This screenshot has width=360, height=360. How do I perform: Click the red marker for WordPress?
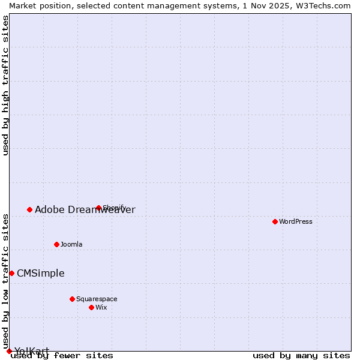(275, 221)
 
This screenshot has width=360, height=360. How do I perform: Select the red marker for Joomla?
(57, 244)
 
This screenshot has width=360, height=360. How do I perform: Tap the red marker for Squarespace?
(72, 299)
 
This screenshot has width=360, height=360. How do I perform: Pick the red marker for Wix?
(91, 307)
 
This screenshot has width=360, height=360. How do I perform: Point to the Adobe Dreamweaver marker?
(29, 209)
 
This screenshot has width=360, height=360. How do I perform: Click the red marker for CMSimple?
(11, 273)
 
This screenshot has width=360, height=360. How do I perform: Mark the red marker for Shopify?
(98, 208)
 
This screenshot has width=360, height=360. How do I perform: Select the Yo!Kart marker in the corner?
(9, 351)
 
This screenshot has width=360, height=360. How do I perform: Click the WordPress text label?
(296, 221)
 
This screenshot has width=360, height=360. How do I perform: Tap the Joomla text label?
(71, 244)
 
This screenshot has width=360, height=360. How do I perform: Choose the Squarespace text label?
(97, 299)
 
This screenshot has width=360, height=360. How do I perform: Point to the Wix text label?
(101, 307)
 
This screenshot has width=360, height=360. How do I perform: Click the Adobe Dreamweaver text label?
(85, 209)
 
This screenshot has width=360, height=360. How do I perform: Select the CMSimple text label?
(40, 273)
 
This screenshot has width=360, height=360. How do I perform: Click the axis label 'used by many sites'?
(301, 355)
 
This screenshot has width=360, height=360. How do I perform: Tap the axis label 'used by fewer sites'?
(62, 355)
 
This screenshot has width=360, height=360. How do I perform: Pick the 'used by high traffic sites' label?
(5, 85)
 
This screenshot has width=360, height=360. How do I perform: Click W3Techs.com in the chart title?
(321, 5)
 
